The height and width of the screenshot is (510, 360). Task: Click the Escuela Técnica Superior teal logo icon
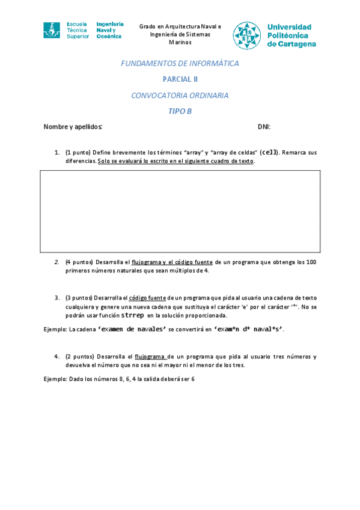(x=52, y=30)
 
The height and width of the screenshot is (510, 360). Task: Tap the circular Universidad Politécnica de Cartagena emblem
(x=248, y=35)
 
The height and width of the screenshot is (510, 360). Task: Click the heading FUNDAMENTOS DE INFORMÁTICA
(x=180, y=63)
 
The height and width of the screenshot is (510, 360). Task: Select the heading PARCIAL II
(x=180, y=79)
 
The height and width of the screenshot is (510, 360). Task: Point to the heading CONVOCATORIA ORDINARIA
(x=180, y=95)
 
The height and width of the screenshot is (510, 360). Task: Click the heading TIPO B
(x=180, y=111)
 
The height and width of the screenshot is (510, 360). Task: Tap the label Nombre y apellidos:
(x=73, y=127)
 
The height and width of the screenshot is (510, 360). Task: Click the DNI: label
(x=264, y=127)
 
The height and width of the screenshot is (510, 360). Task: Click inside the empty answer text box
(x=180, y=211)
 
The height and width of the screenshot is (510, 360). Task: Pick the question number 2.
(x=56, y=262)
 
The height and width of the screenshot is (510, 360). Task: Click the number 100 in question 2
(x=311, y=262)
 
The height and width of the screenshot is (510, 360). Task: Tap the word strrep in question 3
(x=132, y=315)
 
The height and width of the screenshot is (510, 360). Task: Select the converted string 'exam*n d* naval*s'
(x=249, y=329)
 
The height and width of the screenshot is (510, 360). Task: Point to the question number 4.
(x=56, y=356)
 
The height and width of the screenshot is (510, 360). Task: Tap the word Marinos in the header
(x=180, y=43)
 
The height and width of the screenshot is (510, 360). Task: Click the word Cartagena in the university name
(x=293, y=44)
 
